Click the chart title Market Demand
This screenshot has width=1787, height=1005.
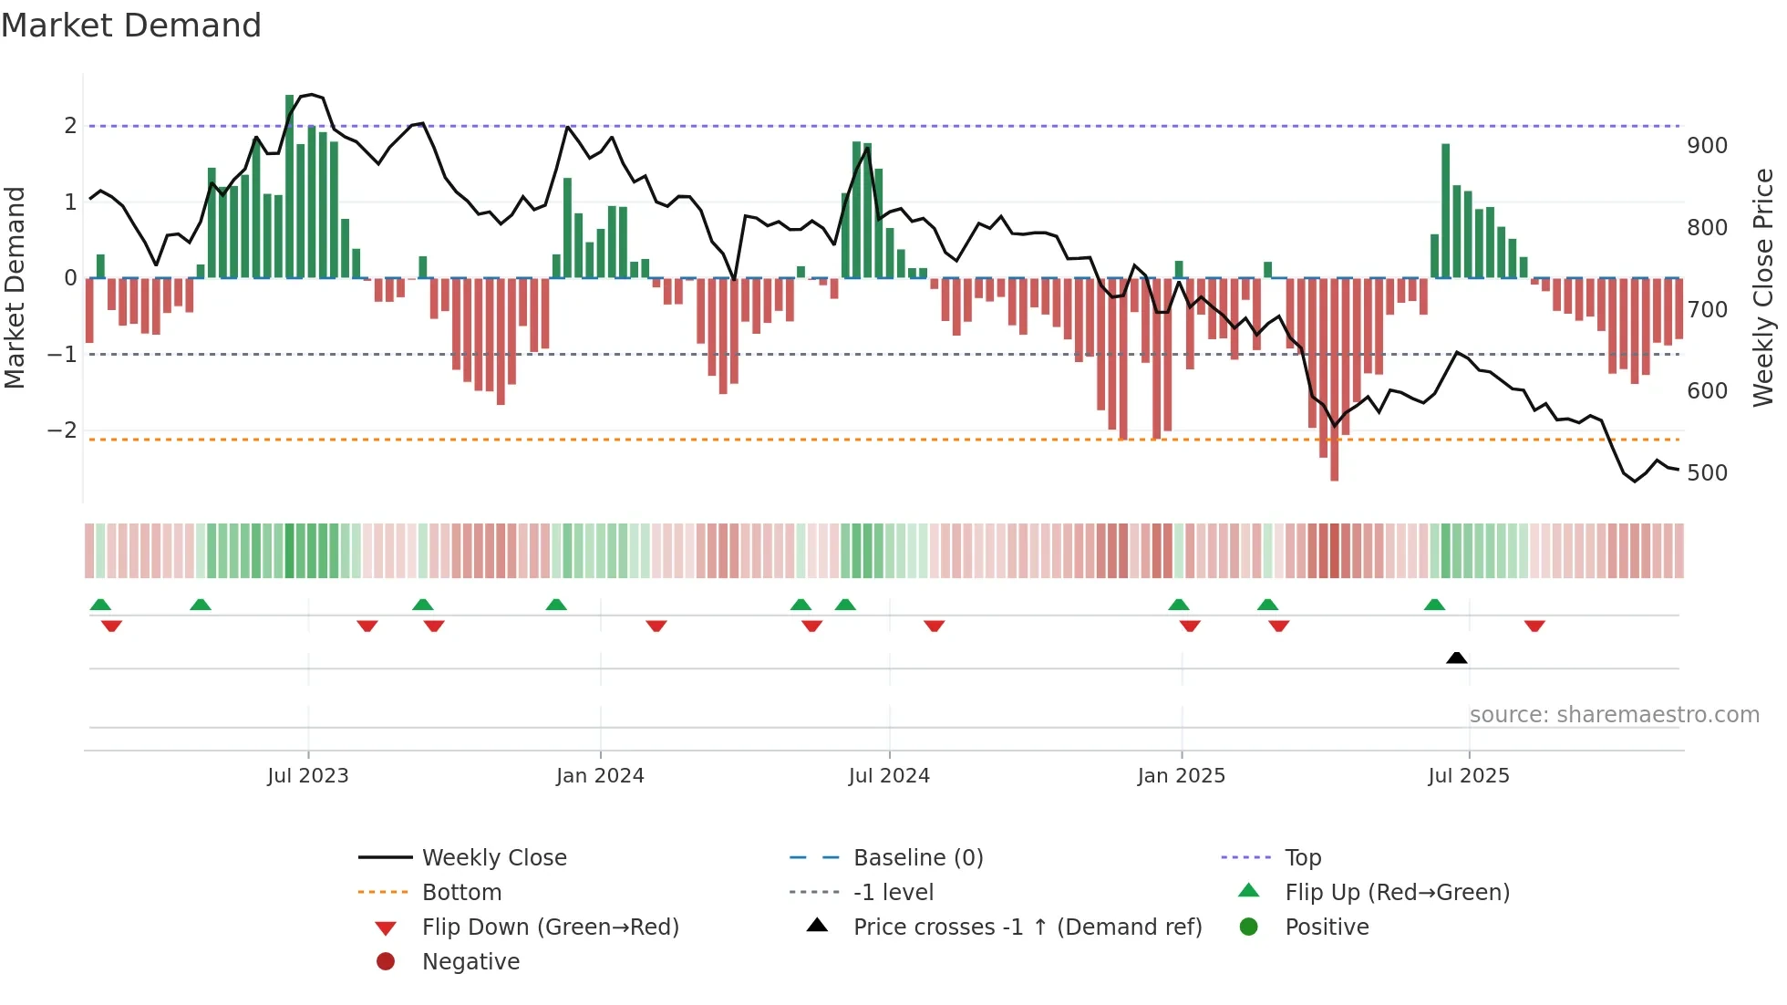coord(131,26)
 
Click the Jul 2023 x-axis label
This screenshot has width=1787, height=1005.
coord(307,776)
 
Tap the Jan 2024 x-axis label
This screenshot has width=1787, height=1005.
coord(600,776)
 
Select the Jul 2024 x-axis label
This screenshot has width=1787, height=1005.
coord(889,776)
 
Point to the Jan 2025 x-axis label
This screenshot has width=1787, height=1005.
coord(1181,776)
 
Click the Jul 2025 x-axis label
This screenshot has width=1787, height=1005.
coord(1469,776)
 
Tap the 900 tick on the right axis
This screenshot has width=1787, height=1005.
coord(1707,146)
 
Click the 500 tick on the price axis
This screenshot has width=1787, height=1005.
coord(1707,473)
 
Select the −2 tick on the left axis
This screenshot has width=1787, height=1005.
coord(62,430)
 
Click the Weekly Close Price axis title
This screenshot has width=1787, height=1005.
coord(1763,287)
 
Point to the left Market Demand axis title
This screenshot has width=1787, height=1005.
coord(15,287)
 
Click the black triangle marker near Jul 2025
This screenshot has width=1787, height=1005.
coord(1456,658)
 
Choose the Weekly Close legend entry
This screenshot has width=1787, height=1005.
coord(494,858)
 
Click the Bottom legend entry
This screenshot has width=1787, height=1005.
coord(461,893)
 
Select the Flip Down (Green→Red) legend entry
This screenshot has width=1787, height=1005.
coord(550,927)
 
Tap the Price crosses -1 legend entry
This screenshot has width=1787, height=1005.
coord(1028,927)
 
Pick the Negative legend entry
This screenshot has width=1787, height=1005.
coord(470,962)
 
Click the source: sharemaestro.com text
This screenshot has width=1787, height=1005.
coord(1614,715)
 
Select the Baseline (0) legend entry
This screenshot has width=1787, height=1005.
coord(918,858)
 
